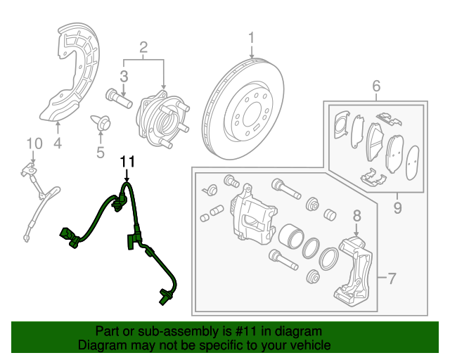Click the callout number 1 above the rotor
pyautogui.click(x=251, y=37)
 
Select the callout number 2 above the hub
pyautogui.click(x=143, y=48)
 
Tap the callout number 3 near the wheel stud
pyautogui.click(x=123, y=76)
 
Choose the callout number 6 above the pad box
pyautogui.click(x=376, y=86)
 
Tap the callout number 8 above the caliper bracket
pyautogui.click(x=356, y=216)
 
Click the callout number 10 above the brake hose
pyautogui.click(x=30, y=144)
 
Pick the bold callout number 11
pyautogui.click(x=127, y=162)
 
